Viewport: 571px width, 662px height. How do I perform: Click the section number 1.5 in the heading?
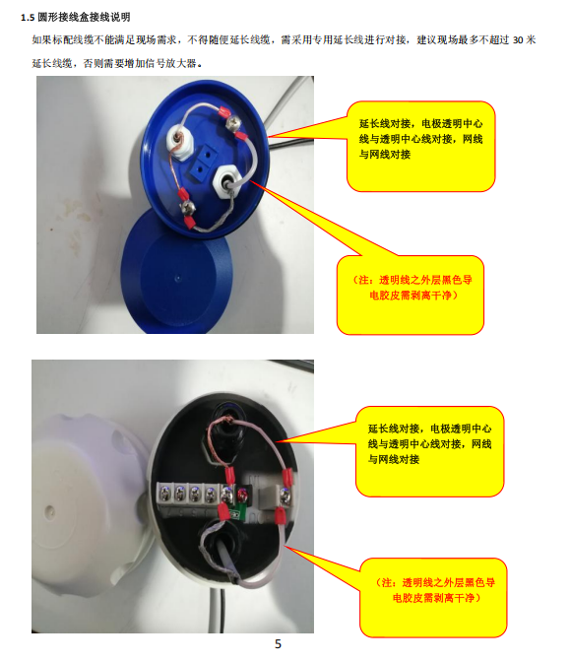click(28, 18)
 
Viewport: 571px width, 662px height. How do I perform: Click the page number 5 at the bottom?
click(278, 644)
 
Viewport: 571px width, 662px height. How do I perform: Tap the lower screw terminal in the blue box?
click(188, 206)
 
